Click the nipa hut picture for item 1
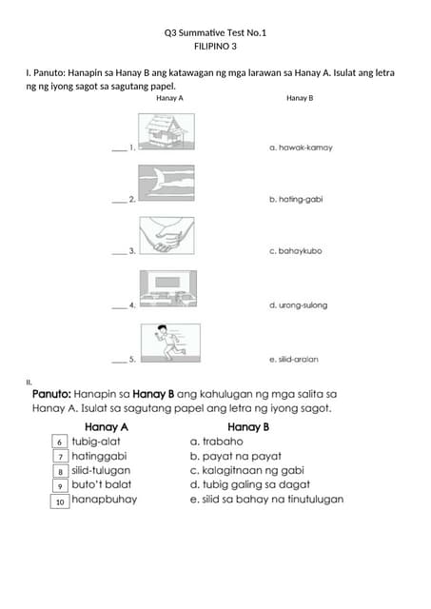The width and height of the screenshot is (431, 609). (x=167, y=131)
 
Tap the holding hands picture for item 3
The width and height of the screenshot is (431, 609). (x=167, y=235)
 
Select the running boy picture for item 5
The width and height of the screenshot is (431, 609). (x=170, y=343)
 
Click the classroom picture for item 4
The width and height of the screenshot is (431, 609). (x=168, y=288)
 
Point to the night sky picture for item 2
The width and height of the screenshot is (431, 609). (x=167, y=183)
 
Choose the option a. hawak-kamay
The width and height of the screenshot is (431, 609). (x=301, y=147)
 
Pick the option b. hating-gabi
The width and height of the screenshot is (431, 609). (x=296, y=199)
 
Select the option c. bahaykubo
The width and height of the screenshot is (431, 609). (x=296, y=251)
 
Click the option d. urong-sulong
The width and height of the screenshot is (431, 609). (x=298, y=305)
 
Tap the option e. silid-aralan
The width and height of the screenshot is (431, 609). (x=294, y=360)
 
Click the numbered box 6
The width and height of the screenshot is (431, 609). (x=59, y=442)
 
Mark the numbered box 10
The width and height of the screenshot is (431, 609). (x=60, y=501)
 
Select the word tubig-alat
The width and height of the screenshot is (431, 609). (x=96, y=442)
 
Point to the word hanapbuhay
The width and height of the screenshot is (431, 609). (x=105, y=499)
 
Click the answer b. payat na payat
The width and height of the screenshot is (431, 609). (x=235, y=456)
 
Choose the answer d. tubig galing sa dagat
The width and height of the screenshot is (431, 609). (x=250, y=484)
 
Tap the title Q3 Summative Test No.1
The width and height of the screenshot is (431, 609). (x=215, y=32)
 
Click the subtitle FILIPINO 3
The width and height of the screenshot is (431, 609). (x=215, y=47)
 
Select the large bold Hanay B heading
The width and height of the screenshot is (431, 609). (x=248, y=427)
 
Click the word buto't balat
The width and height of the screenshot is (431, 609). (x=102, y=484)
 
